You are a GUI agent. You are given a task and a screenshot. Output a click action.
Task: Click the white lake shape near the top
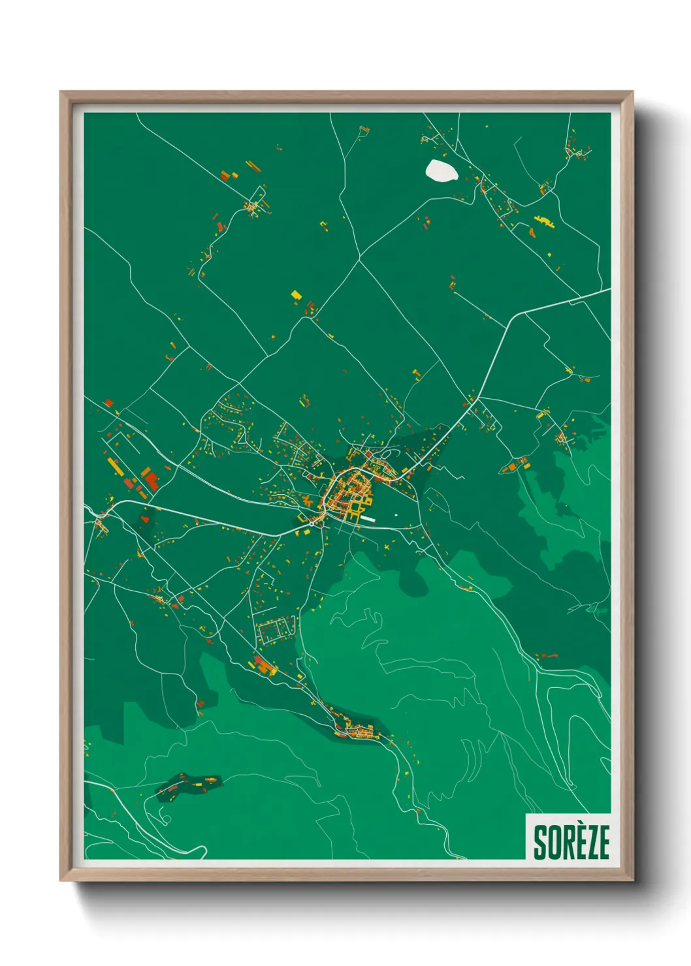(442, 171)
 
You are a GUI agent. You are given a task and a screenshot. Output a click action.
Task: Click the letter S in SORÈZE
(540, 843)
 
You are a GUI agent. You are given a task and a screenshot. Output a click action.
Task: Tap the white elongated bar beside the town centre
(368, 519)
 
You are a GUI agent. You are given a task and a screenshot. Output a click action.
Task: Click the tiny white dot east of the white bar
(396, 515)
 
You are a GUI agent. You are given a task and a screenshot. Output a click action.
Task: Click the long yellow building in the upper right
(543, 221)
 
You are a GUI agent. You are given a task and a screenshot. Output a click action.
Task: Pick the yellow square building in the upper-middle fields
(297, 296)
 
